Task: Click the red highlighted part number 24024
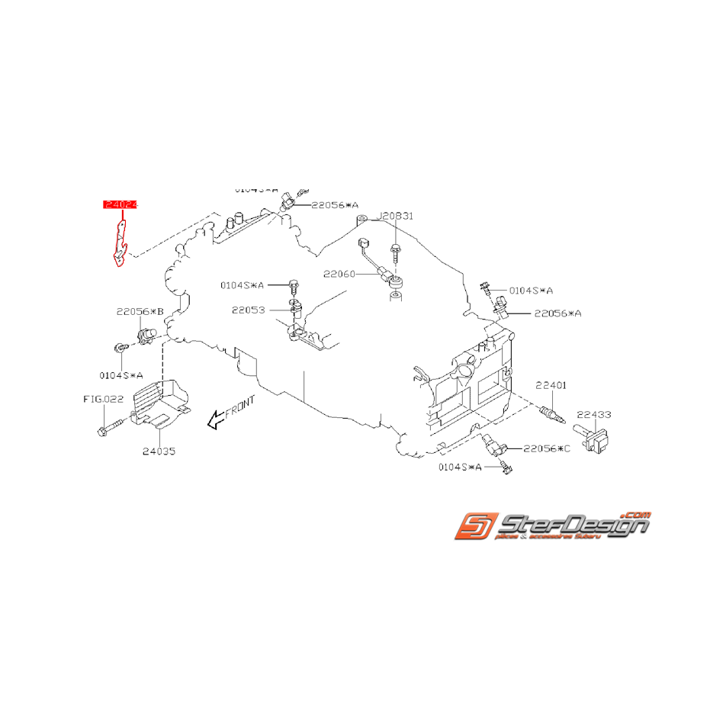(120, 204)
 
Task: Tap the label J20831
(397, 216)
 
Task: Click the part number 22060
(339, 273)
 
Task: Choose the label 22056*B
(140, 311)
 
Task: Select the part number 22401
(551, 386)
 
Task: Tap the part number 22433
(594, 414)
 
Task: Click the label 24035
(159, 451)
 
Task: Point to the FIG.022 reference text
(103, 398)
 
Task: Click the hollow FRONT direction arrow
(216, 416)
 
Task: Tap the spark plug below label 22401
(551, 414)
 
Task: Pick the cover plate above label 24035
(161, 400)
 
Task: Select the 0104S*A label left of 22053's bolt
(243, 285)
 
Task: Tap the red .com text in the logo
(637, 516)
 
